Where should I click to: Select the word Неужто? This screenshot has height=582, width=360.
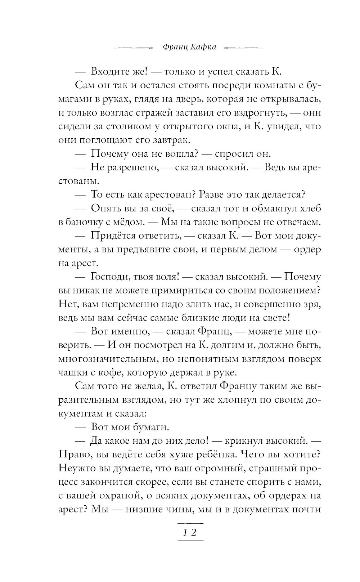point(74,468)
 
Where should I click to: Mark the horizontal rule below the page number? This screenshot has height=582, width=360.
point(191,541)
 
